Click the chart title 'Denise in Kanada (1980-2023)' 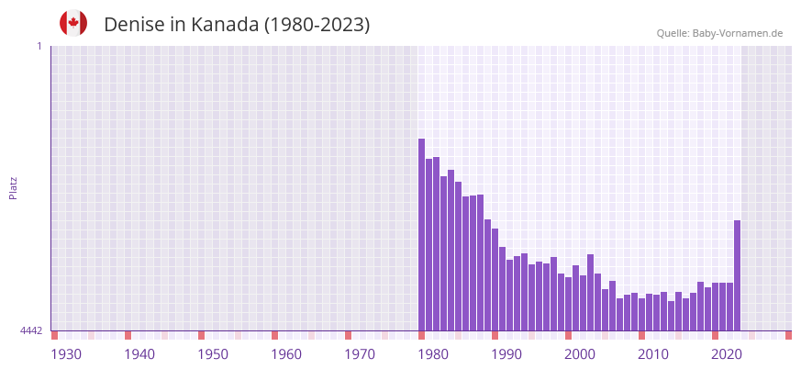237,25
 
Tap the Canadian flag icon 73,23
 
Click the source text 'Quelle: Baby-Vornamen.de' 719,33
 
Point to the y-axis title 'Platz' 13,188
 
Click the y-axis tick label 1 39,46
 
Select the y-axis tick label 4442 31,330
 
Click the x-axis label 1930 66,354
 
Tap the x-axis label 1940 139,354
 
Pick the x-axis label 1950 213,354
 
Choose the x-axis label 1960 286,354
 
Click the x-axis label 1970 360,354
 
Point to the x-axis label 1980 433,354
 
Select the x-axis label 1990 506,354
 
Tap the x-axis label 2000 580,354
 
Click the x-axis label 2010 653,354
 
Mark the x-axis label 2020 727,354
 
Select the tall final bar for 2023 737,275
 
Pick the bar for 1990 495,279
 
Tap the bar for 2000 569,304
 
